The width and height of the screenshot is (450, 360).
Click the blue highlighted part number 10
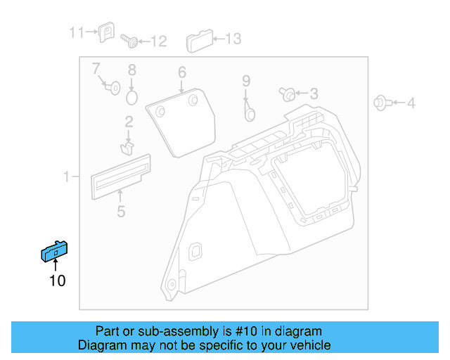point(54,251)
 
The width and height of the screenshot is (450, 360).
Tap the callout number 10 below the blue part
point(58,281)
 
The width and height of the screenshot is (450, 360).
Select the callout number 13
point(233,39)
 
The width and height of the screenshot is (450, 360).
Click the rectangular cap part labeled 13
point(200,41)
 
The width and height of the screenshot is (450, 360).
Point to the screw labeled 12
point(129,41)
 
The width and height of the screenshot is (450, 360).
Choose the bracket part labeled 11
point(106,32)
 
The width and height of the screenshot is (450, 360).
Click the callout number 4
point(411,103)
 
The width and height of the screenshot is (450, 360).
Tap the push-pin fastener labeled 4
point(383,103)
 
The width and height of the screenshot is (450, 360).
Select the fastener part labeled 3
point(287,94)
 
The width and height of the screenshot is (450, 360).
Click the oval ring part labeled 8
point(131,98)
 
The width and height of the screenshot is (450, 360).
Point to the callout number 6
point(182,72)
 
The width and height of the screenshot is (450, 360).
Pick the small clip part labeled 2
point(127,148)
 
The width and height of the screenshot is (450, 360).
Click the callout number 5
point(121,212)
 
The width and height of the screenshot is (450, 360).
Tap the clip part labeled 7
point(112,88)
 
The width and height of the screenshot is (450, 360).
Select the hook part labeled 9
point(250,112)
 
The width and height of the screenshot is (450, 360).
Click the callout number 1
point(66,176)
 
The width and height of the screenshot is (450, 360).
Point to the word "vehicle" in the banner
point(313,345)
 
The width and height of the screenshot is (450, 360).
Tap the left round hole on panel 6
point(160,111)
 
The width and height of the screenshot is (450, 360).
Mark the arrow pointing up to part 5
point(120,195)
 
